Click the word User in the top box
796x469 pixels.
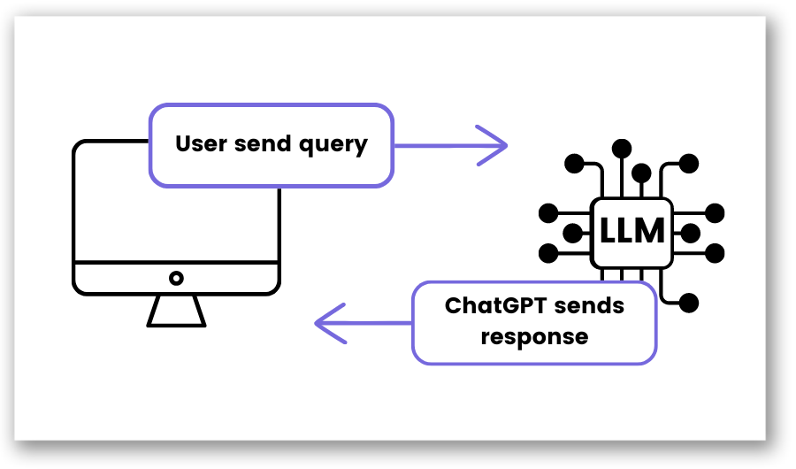[201, 144]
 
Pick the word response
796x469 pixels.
[533, 336]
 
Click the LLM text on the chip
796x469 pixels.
[631, 232]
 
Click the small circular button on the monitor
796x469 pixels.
[177, 278]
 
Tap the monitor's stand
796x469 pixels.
[177, 311]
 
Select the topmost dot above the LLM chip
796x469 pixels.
[623, 146]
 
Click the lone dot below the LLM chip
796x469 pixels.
[689, 303]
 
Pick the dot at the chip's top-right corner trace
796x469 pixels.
[689, 164]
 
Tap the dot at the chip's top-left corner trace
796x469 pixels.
[574, 164]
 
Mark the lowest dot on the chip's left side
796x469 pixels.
[548, 253]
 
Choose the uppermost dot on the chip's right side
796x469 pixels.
[715, 212]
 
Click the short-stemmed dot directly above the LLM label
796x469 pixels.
[642, 172]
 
